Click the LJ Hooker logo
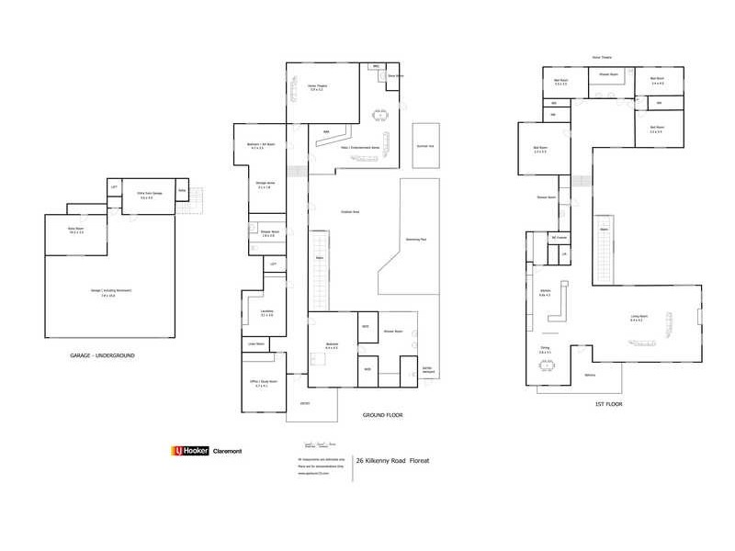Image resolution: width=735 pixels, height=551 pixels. coord(190,451)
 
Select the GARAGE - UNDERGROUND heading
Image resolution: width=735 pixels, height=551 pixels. coord(103,354)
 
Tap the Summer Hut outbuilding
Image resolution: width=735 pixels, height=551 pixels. coord(425,146)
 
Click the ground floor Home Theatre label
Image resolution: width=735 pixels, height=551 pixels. coord(318,87)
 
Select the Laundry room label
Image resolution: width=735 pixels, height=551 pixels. coord(266,312)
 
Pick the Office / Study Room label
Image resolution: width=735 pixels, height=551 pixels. coord(264,387)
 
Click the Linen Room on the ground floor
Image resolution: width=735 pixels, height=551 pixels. coord(254,344)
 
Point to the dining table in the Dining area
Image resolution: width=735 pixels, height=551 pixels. coord(548,365)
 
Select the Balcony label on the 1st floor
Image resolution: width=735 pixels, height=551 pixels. coord(591,376)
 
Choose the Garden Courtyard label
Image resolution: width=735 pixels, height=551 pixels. coord(427,370)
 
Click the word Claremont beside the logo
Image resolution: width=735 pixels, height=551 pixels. coord(227,451)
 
